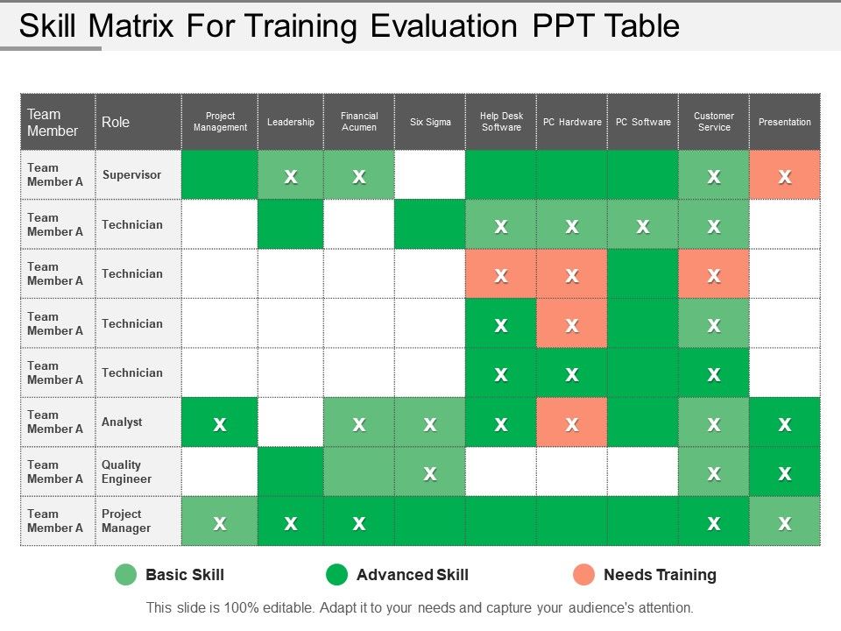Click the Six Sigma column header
[x=430, y=122]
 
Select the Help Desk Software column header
[x=501, y=122]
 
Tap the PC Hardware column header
[x=572, y=122]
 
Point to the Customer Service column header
[x=714, y=122]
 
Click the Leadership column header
[x=291, y=122]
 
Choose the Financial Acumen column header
[x=359, y=122]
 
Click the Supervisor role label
[x=131, y=175]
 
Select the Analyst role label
[x=122, y=422]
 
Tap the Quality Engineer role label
[x=126, y=471]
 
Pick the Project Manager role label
[x=126, y=521]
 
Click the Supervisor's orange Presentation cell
[x=785, y=175]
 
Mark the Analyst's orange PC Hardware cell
[x=572, y=422]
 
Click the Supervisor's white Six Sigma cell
[x=430, y=175]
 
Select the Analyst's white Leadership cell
[x=291, y=422]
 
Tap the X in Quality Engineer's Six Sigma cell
[x=429, y=474]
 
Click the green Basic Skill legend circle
[x=126, y=575]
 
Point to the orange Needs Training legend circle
[x=583, y=575]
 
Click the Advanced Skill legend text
[x=413, y=575]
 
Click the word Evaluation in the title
[x=444, y=25]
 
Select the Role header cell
[x=138, y=122]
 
